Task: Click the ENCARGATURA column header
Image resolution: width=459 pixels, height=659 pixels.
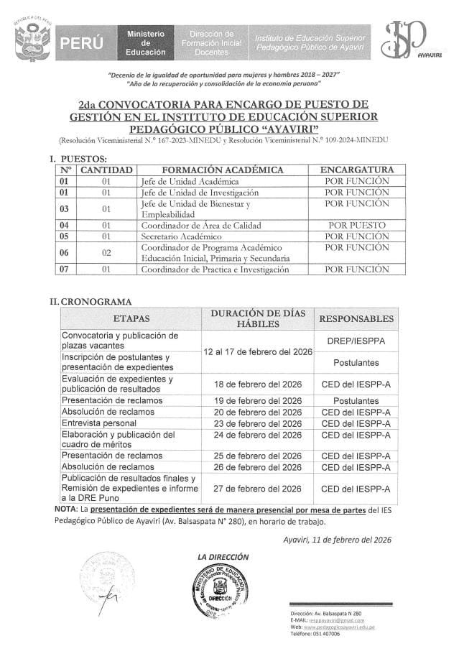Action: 356,170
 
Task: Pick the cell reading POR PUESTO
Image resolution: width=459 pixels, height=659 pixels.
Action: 356,225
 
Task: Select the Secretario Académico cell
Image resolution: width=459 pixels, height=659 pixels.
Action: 182,236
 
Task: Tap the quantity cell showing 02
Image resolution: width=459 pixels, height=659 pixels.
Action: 106,253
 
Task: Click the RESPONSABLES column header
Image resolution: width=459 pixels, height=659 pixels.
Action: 356,318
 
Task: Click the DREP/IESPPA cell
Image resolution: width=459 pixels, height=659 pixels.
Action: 356,341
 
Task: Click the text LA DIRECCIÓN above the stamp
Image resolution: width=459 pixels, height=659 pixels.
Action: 223,556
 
